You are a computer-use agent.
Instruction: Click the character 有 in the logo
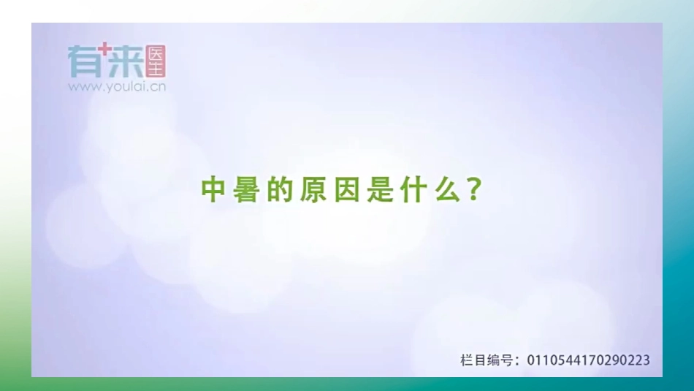(83, 61)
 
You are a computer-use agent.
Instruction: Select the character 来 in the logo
(126, 62)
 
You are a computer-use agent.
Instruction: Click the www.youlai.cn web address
(117, 86)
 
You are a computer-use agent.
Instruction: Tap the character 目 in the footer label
(481, 360)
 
